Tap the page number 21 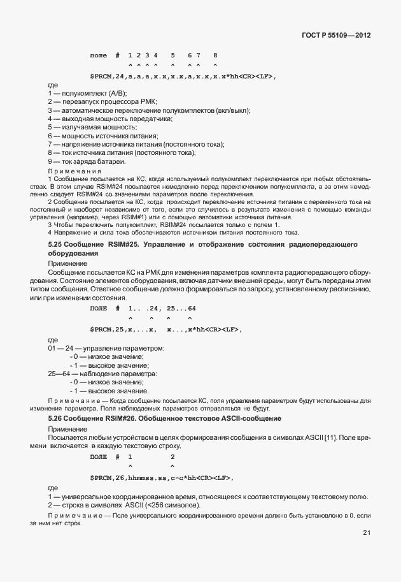[x=367, y=533]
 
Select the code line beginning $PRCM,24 [x=183, y=76]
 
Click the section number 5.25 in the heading [x=56, y=245]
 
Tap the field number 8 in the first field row [x=215, y=56]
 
